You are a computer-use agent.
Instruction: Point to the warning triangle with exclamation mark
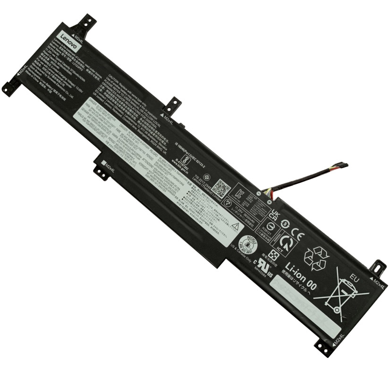click(x=235, y=227)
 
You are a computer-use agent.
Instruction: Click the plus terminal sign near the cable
click(x=269, y=202)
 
